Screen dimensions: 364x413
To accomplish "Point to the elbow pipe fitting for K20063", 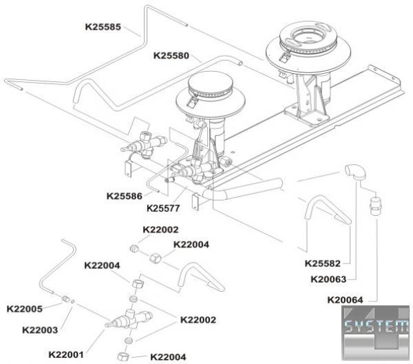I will pos(355,172).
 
